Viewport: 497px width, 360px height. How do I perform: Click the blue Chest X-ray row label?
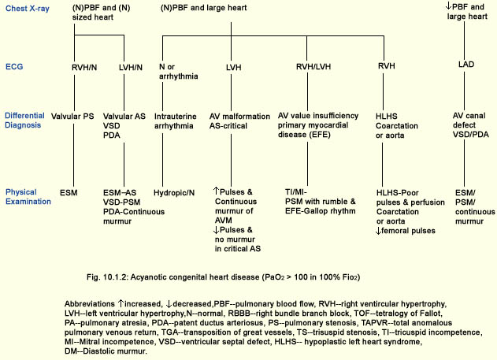tap(28, 9)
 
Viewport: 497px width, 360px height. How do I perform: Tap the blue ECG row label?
tap(14, 66)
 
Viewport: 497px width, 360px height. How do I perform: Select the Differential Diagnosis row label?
tap(24, 120)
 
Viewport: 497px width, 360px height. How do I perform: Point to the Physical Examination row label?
tap(28, 197)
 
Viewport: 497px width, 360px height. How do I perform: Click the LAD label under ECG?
tap(466, 65)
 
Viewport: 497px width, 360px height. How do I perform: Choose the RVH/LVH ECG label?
tap(313, 66)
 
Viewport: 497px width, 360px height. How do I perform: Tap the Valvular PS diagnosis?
tap(72, 117)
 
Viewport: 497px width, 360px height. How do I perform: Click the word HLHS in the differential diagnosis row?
tap(387, 117)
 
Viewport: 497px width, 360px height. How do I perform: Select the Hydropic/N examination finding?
tap(174, 193)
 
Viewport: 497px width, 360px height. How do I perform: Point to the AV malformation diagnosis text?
tap(239, 117)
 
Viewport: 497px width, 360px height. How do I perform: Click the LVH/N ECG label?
tap(131, 67)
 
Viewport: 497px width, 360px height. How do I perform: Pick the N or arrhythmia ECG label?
tap(179, 72)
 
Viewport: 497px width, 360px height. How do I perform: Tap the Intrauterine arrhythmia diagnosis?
tap(176, 121)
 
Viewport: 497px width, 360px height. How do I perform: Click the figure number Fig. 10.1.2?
tap(107, 277)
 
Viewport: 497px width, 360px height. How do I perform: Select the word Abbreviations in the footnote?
tap(90, 304)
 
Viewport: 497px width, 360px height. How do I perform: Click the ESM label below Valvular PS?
tap(69, 193)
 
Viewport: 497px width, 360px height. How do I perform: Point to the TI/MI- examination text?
tap(296, 192)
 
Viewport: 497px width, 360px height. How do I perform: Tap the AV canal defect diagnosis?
tap(469, 121)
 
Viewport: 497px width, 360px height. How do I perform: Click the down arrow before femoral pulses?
tap(378, 231)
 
